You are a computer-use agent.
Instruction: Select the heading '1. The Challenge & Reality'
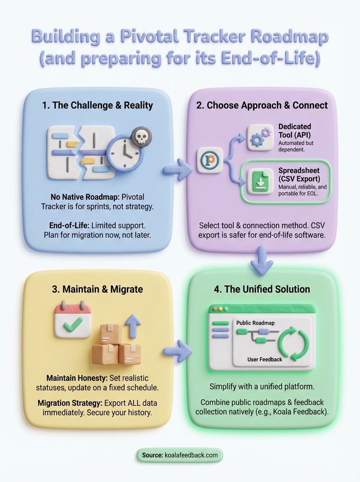point(97,106)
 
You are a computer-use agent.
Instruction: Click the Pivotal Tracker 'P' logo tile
point(210,160)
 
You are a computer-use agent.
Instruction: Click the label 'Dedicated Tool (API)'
point(295,131)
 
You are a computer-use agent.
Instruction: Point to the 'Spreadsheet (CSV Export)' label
point(299,175)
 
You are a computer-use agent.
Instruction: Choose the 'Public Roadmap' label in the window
point(256,323)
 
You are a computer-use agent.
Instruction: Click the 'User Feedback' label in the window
point(265,359)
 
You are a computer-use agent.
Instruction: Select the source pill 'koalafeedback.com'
point(180,455)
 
